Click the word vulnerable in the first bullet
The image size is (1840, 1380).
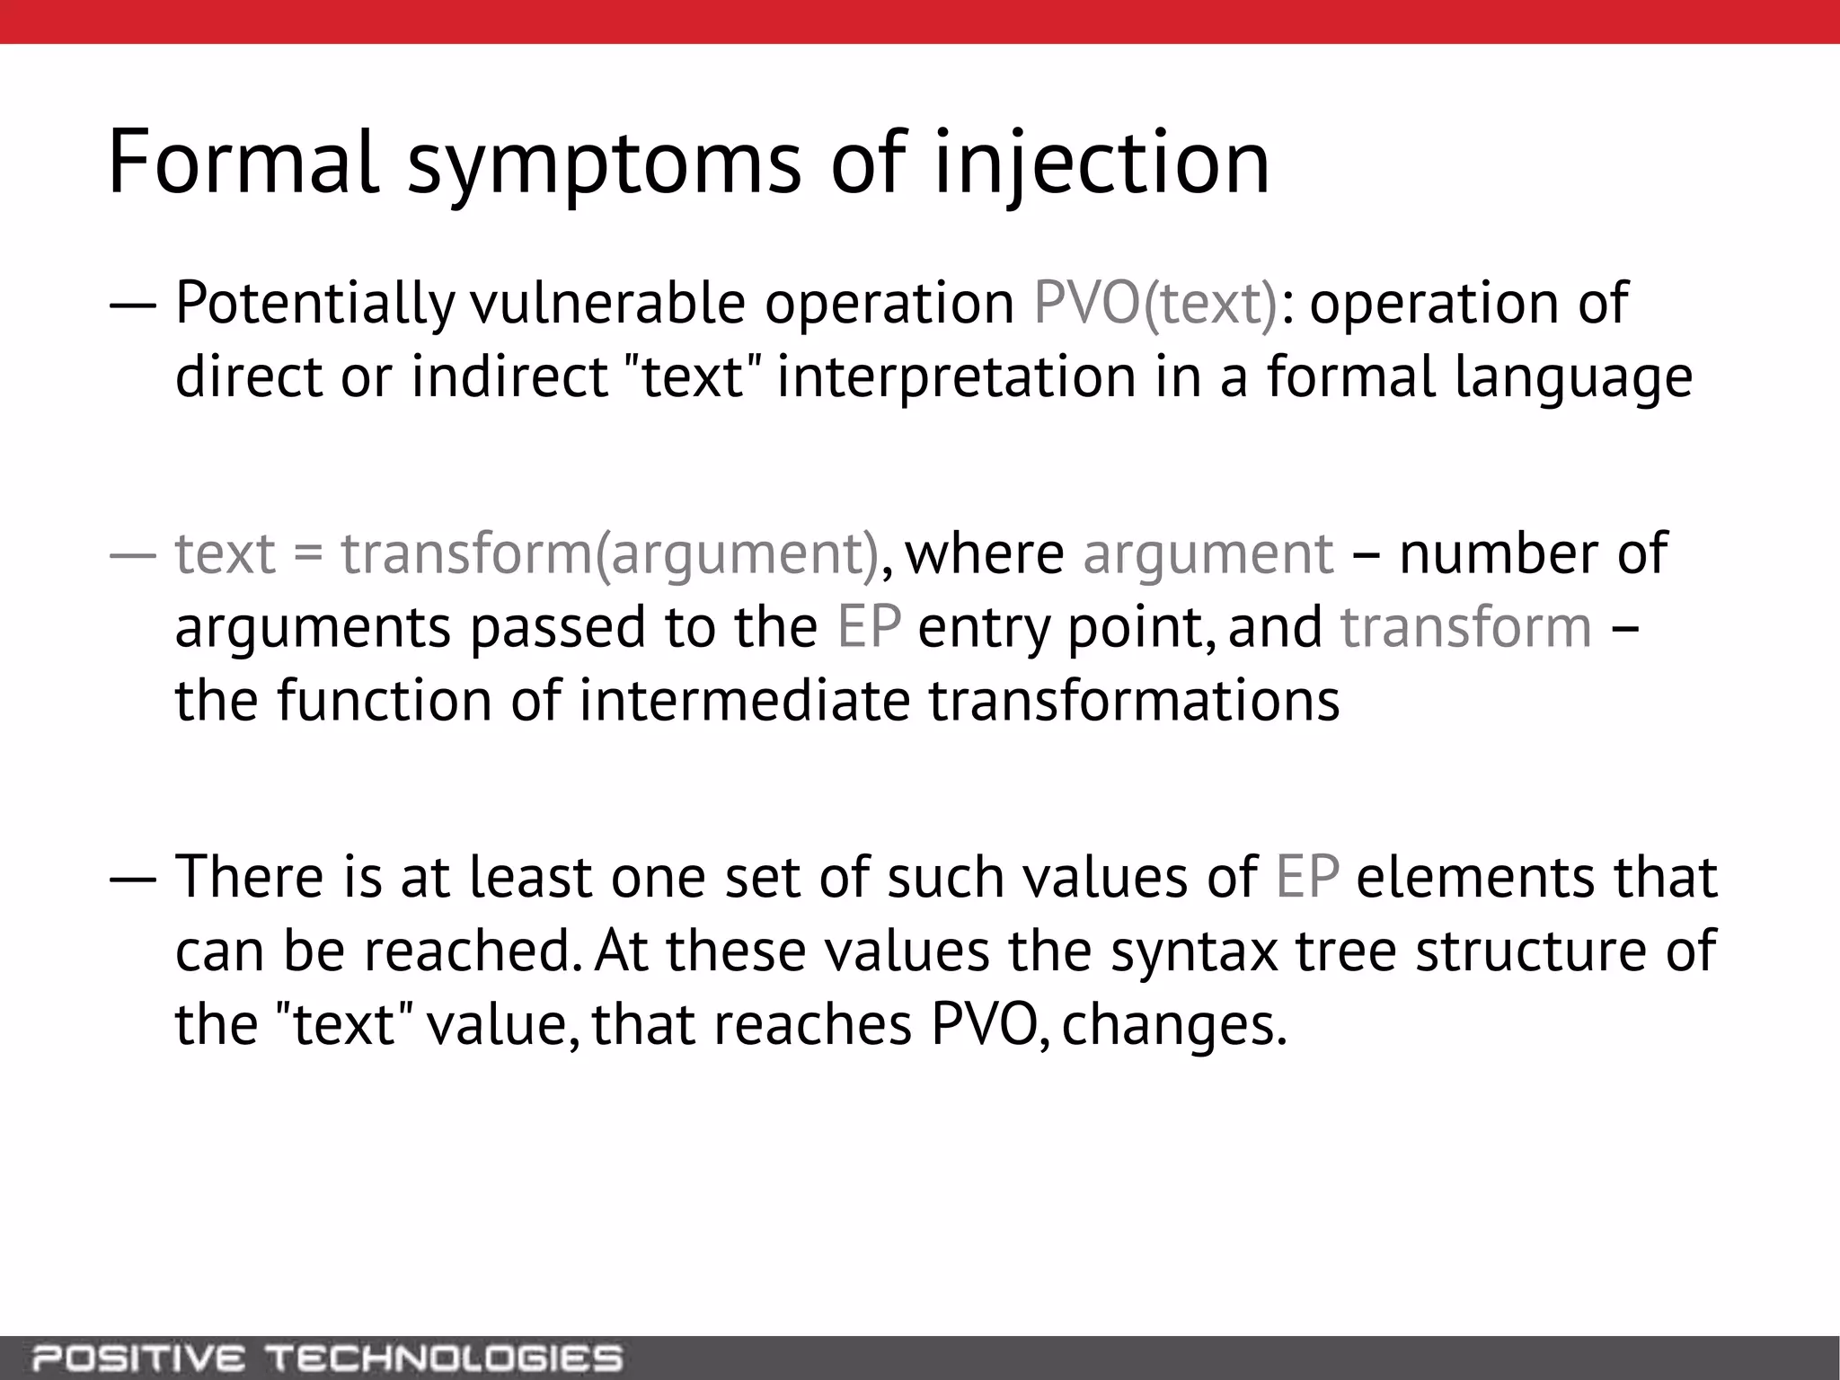[x=607, y=304]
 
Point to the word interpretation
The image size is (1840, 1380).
[x=956, y=377]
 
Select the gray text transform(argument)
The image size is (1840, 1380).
[x=609, y=553]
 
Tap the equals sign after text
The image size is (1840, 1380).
[x=308, y=553]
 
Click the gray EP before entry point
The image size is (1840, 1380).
[x=868, y=627]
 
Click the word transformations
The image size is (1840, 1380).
[x=1134, y=701]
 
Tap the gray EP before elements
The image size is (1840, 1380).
[x=1306, y=877]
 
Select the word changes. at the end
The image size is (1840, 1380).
[x=1175, y=1024]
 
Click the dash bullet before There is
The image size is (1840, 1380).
[x=133, y=879]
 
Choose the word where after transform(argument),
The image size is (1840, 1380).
[x=985, y=553]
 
